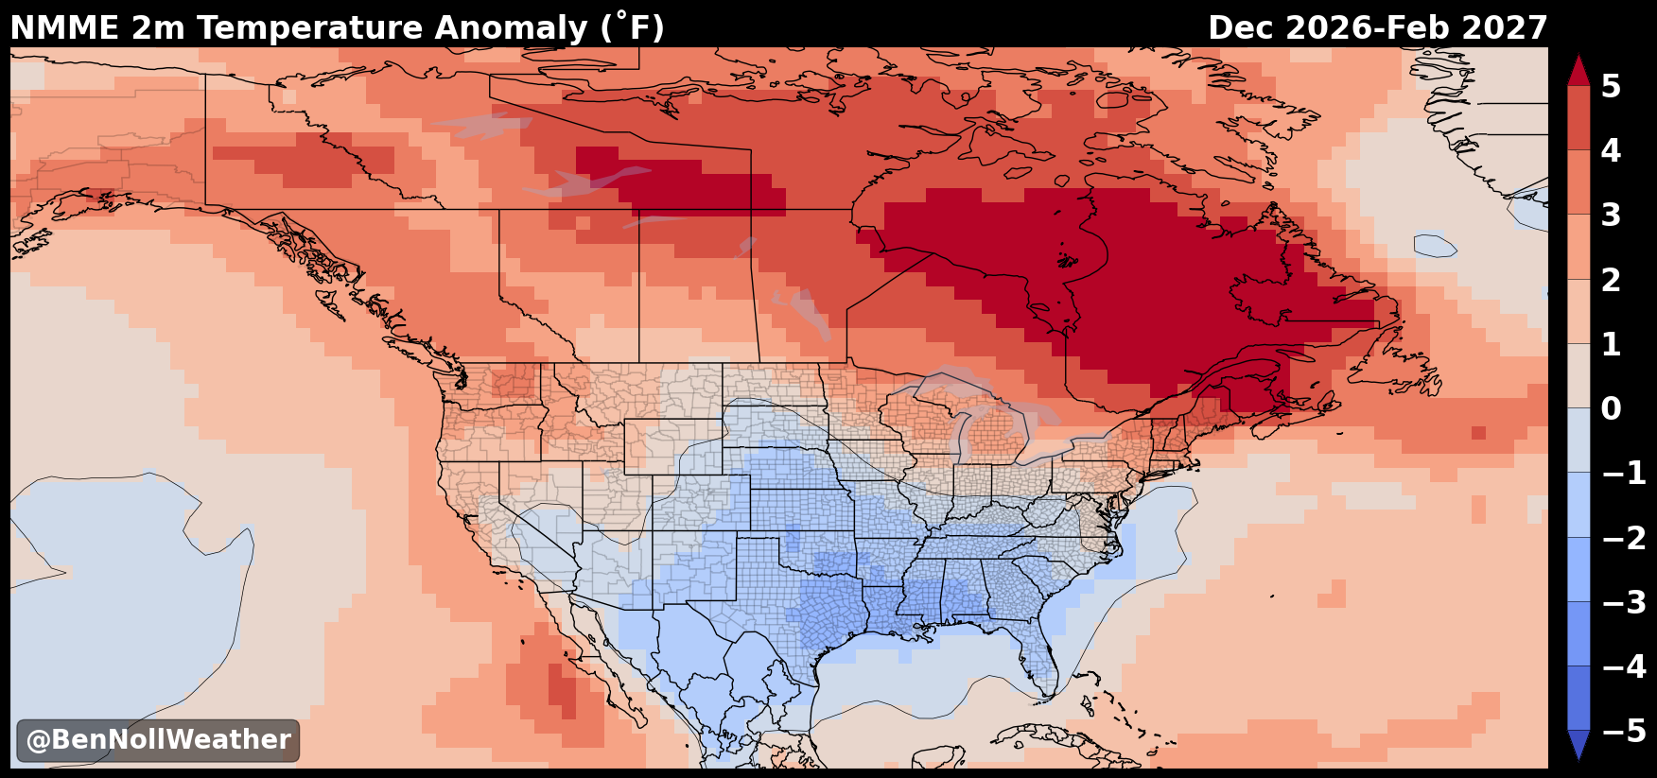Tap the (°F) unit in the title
(633, 27)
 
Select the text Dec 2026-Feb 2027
(1378, 27)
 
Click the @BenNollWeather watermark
(158, 739)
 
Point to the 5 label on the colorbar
(1611, 86)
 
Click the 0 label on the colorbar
(1611, 408)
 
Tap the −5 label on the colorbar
(1624, 731)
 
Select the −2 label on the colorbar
(1624, 538)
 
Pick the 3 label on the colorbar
(1611, 216)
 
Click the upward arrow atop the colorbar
(1579, 70)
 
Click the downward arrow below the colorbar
(1579, 745)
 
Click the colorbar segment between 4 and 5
(1579, 118)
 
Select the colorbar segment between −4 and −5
(1579, 698)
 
